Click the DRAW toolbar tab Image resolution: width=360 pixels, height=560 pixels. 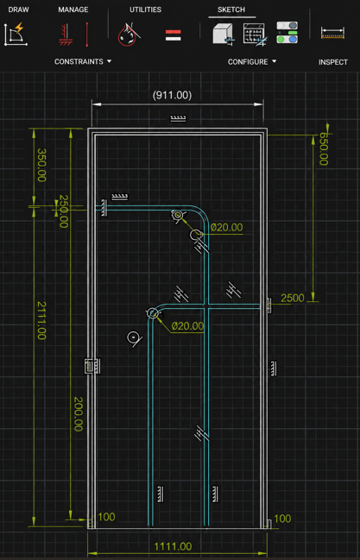click(19, 9)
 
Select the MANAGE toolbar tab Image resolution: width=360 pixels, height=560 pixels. click(73, 9)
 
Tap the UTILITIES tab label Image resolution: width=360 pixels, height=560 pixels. click(145, 9)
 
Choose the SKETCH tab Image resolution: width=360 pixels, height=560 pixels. click(231, 9)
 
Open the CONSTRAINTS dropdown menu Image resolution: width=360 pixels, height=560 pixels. click(83, 62)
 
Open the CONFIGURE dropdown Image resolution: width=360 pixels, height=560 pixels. click(252, 62)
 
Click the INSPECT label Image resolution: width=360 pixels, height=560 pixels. click(333, 62)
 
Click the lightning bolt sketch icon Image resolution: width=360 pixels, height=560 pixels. click(16, 35)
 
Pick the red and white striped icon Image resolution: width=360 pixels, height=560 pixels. click(173, 35)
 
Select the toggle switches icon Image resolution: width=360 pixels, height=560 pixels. click(287, 33)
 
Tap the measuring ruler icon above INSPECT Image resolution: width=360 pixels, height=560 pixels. click(333, 33)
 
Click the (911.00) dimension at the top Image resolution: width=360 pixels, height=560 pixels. click(172, 95)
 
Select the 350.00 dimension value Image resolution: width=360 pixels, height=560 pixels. click(41, 165)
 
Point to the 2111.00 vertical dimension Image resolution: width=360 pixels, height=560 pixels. click(41, 320)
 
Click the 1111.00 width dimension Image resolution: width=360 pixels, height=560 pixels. click(173, 546)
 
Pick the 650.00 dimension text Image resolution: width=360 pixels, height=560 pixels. click(324, 149)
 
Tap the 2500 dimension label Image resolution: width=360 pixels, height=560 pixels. click(293, 298)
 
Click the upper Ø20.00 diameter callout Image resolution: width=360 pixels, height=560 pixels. click(227, 228)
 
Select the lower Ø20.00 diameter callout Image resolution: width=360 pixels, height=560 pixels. click(187, 325)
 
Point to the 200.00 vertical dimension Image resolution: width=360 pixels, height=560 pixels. click(78, 414)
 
